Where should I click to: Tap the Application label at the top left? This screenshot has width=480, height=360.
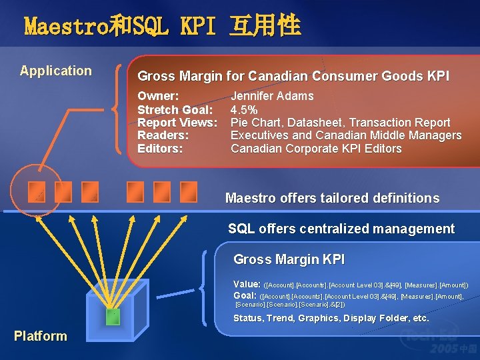[x=56, y=71]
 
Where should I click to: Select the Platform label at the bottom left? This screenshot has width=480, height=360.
[x=41, y=336]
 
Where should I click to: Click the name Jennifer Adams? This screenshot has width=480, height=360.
[x=272, y=96]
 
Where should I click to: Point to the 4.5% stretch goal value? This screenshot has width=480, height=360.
[x=244, y=109]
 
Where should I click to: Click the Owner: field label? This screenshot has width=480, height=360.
[x=158, y=96]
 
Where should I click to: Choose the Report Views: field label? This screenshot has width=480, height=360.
[x=177, y=123]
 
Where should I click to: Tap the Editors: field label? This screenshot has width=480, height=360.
[x=160, y=149]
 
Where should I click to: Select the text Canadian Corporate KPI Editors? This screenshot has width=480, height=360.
[x=316, y=149]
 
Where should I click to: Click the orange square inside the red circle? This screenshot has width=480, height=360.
[x=37, y=192]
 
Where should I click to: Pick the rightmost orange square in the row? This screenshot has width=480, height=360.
[x=189, y=192]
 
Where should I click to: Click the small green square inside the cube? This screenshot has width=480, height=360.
[x=113, y=317]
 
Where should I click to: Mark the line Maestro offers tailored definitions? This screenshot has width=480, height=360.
[x=332, y=198]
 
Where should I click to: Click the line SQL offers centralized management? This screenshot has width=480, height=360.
[x=341, y=229]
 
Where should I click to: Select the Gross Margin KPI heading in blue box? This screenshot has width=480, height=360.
[x=289, y=259]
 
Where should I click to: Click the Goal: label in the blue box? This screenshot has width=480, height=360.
[x=245, y=295]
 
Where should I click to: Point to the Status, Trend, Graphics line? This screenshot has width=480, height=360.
[x=331, y=319]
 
